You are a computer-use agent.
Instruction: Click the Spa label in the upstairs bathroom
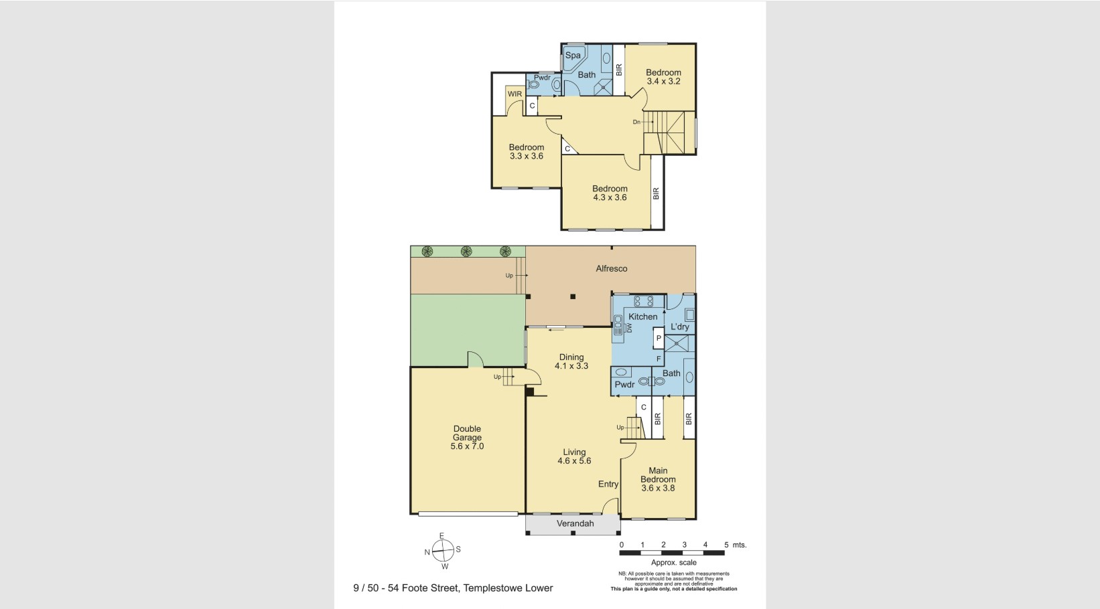(573, 56)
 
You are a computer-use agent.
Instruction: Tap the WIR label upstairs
(514, 94)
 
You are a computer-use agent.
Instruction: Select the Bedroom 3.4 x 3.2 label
(663, 77)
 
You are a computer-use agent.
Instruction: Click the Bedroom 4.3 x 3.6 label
(610, 193)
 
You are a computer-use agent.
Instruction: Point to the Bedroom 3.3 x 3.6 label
(526, 152)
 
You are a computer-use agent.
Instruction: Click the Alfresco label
(612, 268)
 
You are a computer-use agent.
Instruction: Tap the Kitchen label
(643, 317)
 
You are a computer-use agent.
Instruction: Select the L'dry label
(680, 327)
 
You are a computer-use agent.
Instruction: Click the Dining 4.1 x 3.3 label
(571, 362)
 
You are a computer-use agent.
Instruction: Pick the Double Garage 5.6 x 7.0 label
(467, 438)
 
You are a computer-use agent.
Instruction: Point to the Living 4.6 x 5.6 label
(574, 456)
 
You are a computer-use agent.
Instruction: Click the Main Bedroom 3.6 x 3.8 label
(658, 479)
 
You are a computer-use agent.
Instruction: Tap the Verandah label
(575, 523)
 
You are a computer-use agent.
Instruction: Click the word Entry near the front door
(608, 484)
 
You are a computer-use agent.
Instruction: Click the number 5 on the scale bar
(726, 545)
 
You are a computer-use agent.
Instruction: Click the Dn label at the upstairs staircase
(636, 122)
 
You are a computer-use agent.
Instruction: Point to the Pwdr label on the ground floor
(624, 385)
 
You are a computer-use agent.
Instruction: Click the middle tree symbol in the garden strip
(466, 252)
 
